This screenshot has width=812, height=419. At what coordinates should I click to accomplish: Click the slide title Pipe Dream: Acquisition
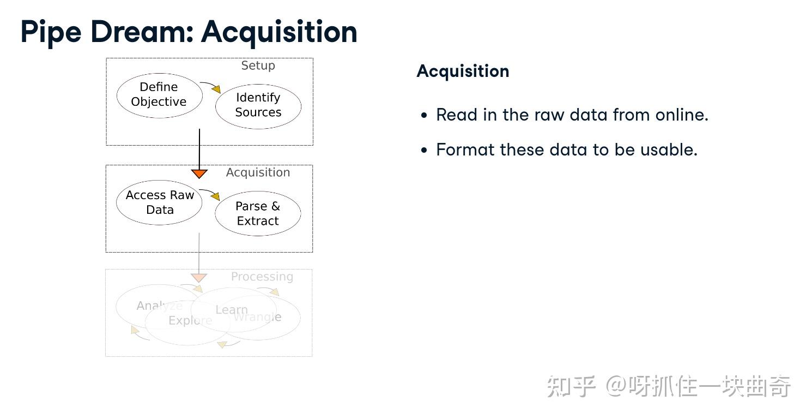click(189, 32)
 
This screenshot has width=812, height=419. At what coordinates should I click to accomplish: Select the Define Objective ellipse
click(159, 95)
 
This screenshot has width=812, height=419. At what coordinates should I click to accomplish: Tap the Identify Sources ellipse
click(258, 105)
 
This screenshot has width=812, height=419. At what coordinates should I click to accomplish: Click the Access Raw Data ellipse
click(160, 202)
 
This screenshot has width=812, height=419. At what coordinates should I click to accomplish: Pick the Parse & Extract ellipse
click(258, 213)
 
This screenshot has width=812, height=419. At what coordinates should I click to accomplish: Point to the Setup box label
click(258, 65)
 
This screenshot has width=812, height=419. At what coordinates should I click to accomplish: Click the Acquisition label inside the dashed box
click(258, 172)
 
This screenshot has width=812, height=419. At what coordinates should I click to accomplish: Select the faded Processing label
click(262, 277)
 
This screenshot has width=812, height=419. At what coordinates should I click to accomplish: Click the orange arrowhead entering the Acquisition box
click(199, 174)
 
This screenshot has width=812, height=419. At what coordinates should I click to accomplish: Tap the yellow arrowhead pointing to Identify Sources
click(217, 89)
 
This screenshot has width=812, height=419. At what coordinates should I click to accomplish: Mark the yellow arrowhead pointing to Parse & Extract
click(216, 196)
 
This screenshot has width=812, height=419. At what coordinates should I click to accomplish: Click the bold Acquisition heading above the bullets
click(463, 71)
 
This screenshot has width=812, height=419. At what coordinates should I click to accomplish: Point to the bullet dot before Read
click(425, 116)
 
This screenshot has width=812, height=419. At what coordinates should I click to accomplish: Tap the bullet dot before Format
click(425, 151)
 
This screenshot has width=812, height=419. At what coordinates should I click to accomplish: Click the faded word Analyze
click(159, 306)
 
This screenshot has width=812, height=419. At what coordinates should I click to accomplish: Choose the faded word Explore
click(190, 320)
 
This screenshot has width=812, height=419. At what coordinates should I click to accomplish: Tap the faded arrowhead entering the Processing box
click(199, 278)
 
